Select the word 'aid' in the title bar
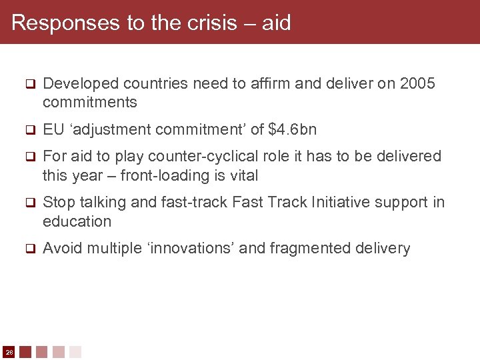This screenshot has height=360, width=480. tap(276, 23)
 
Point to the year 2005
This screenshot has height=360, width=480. tap(417, 83)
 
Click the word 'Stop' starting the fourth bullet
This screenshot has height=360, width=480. tap(59, 202)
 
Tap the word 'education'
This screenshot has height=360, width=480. tap(77, 221)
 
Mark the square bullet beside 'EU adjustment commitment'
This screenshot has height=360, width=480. tap(29, 130)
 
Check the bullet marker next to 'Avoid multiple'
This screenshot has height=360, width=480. tap(29, 249)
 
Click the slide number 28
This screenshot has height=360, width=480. tap(9, 351)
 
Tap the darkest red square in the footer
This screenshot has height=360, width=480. tap(25, 351)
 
